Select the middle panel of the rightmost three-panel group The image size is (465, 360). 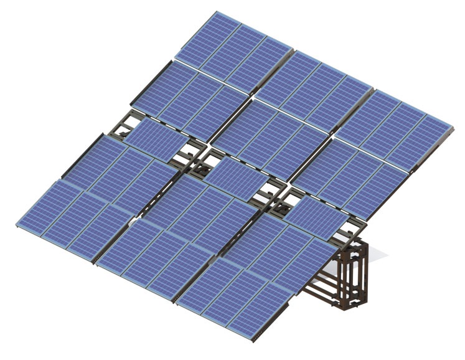click(x=398, y=125)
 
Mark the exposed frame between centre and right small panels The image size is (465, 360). click(x=274, y=193)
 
